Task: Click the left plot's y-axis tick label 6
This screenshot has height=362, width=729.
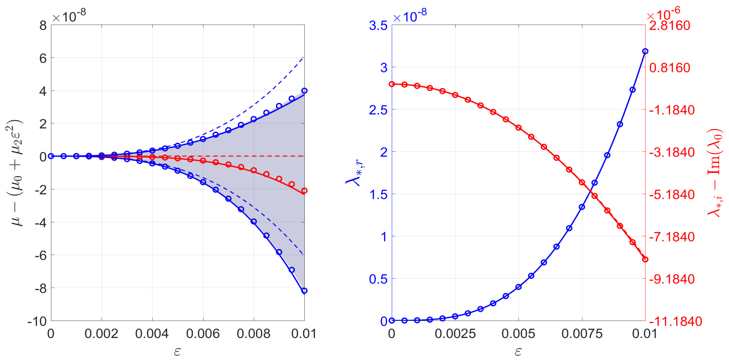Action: tap(43, 59)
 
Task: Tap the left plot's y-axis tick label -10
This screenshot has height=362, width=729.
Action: tap(37, 322)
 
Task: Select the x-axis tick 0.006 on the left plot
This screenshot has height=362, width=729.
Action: tap(203, 334)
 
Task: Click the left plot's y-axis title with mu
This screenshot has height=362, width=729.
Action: tap(14, 173)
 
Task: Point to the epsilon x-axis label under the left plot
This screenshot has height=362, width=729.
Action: tap(178, 352)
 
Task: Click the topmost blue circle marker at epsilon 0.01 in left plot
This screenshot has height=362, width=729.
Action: tap(304, 91)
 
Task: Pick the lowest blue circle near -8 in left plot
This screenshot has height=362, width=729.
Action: tap(304, 291)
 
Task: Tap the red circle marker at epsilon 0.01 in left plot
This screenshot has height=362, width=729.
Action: tap(304, 191)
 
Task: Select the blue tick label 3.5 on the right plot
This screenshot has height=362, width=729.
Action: tap(378, 26)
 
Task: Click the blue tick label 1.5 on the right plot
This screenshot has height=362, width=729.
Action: tap(378, 195)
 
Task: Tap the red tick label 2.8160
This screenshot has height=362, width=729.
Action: tap(669, 26)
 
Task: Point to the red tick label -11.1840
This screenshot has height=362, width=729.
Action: tap(675, 322)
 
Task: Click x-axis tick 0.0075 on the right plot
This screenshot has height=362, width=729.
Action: tap(582, 334)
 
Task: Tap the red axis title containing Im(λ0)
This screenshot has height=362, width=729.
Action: tap(715, 173)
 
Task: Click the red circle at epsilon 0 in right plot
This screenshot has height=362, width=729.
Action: tap(392, 84)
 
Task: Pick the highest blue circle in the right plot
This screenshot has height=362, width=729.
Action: tap(645, 51)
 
